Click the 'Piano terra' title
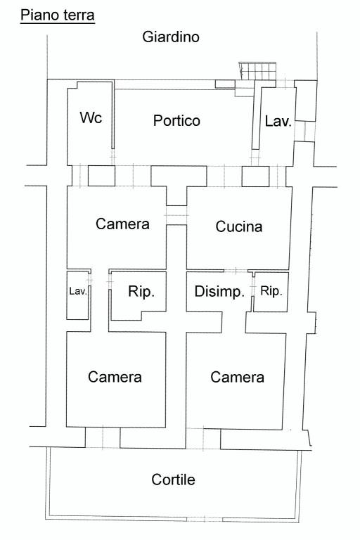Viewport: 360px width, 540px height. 58,15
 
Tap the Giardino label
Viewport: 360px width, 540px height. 171,37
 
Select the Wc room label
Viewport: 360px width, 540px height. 91,117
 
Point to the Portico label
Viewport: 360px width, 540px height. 176,120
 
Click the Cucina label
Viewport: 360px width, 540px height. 239,226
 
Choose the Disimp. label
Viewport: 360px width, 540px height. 219,291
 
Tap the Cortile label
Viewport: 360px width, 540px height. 173,480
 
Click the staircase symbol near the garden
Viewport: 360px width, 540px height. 257,71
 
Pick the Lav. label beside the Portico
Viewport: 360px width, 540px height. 278,121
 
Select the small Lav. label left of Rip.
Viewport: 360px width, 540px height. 78,291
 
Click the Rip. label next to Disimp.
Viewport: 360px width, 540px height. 271,291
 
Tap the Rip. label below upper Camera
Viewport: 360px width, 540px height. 141,292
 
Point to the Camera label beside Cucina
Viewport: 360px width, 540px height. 122,224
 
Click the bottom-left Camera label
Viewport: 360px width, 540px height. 115,377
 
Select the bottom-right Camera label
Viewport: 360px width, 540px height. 238,377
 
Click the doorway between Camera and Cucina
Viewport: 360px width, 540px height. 176,216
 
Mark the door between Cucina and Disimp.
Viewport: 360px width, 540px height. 236,271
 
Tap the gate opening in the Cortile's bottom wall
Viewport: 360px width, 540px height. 205,519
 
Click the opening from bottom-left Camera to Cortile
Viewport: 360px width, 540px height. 103,438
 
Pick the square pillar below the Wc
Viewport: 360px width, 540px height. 102,176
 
